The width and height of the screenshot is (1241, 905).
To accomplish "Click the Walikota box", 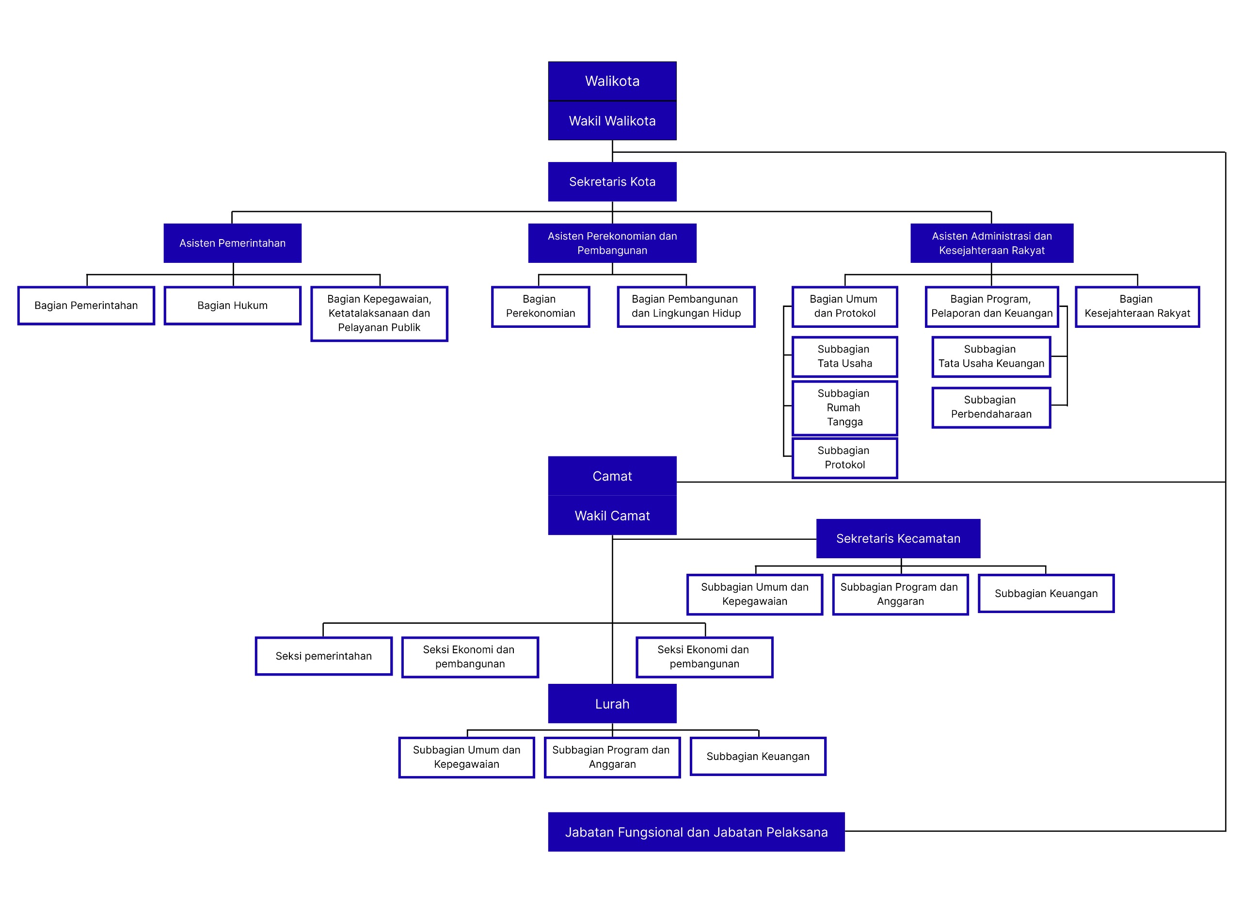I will coord(612,81).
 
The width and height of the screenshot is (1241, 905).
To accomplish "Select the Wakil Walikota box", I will coord(612,120).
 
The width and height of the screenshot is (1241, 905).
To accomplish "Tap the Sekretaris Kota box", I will coord(612,181).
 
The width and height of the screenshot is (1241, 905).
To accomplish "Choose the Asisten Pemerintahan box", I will coord(232,242).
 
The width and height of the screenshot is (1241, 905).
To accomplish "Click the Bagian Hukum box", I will coord(232,305).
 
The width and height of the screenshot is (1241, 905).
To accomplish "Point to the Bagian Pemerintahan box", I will coord(86,305).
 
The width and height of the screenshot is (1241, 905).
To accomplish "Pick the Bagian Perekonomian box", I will coord(541,306).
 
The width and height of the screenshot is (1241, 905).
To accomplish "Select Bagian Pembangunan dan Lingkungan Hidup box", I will coord(686,306).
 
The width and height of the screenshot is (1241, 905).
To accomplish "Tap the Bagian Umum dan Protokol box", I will coord(844,306).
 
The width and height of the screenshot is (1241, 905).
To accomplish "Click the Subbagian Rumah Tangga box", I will coord(844,407).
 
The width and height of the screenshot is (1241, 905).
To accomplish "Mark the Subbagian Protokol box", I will coord(844,457).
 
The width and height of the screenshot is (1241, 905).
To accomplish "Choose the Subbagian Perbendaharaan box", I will coord(991,407).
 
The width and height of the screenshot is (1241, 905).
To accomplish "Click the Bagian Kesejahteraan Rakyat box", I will coord(1137,306).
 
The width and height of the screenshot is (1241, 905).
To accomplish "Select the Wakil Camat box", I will coord(612,516).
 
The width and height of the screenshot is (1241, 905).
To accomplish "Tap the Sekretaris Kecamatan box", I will coord(898,538).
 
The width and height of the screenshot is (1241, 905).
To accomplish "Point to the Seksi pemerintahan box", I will coord(323,656).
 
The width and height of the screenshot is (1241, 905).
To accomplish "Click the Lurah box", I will coord(612,704).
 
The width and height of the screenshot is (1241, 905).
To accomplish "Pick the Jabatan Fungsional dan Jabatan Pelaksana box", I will coord(696,832).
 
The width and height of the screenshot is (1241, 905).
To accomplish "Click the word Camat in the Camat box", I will coord(612,476).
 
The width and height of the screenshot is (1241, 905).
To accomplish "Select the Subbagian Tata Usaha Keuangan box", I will coord(991,356).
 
